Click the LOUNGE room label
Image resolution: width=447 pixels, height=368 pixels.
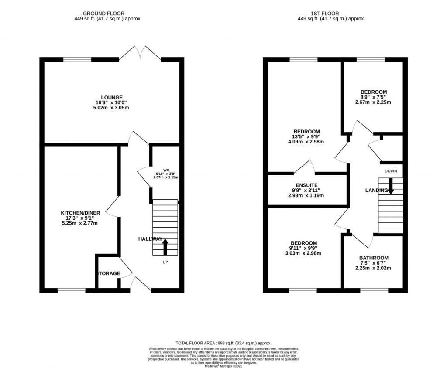[x=112, y=97]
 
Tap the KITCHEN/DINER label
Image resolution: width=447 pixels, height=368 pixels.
[x=80, y=213]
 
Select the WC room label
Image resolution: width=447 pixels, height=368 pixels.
[x=166, y=170]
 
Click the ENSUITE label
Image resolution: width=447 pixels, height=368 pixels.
[x=306, y=185]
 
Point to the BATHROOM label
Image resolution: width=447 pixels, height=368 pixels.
[x=374, y=258]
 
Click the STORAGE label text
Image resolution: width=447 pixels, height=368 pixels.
[x=108, y=273]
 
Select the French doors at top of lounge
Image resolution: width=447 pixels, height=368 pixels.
[x=140, y=53]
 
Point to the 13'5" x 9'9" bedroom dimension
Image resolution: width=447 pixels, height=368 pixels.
[x=306, y=136]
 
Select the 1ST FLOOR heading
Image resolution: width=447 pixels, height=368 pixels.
[x=331, y=14]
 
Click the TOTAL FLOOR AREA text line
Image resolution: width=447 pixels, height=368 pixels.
[x=223, y=343]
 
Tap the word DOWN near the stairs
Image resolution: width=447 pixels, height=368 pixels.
[x=391, y=171]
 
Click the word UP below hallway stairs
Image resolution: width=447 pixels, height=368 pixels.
[x=165, y=262]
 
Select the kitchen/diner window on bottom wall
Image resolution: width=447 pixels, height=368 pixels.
[x=72, y=290]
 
